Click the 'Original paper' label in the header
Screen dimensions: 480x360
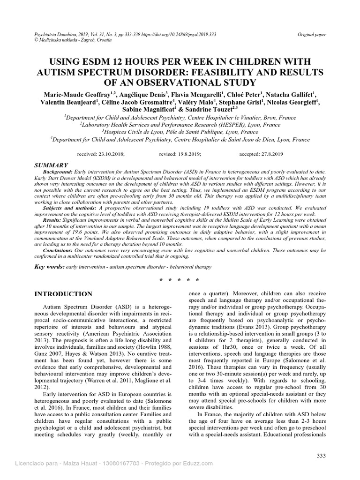point(312,35)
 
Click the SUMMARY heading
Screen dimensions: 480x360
point(52,165)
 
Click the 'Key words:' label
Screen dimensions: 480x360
point(51,266)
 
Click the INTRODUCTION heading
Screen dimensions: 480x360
point(64,294)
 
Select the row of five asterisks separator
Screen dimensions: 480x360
point(180,280)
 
